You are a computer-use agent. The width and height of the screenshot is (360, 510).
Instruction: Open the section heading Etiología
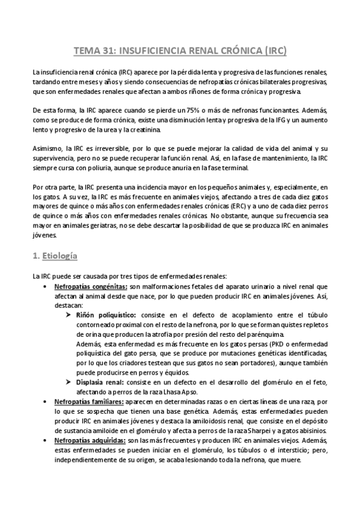[x=59, y=256]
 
